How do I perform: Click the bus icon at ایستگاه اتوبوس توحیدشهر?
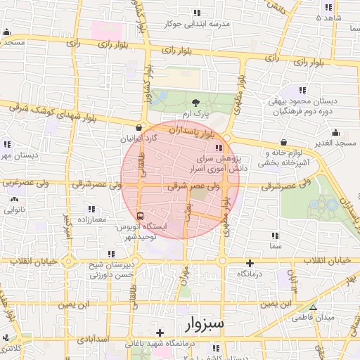140,216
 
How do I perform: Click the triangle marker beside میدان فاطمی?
313,308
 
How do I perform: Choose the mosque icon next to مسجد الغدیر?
337,132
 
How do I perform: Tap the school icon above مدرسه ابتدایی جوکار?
197,13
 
